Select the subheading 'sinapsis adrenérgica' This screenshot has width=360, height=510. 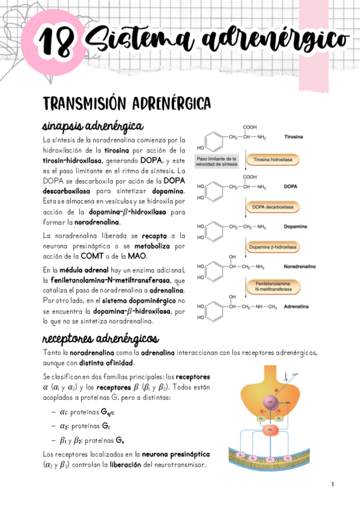point(93,127)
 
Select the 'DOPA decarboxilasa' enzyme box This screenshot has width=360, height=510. point(272,206)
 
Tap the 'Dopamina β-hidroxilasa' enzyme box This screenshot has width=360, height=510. point(272,247)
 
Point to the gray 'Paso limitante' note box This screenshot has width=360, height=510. point(216,161)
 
